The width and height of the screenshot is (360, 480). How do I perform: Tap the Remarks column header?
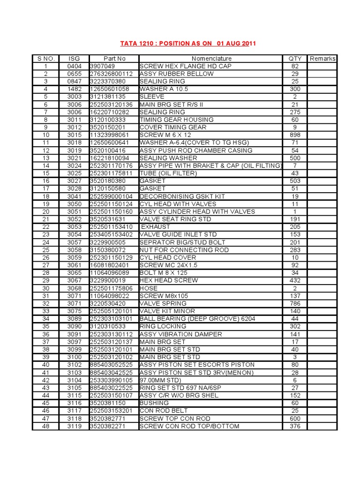click(322, 59)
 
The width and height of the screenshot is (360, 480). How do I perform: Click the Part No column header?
click(114, 59)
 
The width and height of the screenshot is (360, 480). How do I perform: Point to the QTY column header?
click(295, 59)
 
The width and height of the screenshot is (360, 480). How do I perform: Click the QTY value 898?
click(295, 135)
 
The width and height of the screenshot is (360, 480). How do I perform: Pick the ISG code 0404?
click(74, 67)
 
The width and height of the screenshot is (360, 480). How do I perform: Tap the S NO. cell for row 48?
click(46, 426)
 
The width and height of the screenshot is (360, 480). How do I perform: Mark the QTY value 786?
click(295, 303)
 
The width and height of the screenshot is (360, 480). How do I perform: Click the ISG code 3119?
click(74, 426)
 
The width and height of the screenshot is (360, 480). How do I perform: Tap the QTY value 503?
click(295, 181)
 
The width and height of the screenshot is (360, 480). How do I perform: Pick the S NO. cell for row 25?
click(46, 250)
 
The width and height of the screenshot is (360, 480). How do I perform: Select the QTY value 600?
click(295, 419)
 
